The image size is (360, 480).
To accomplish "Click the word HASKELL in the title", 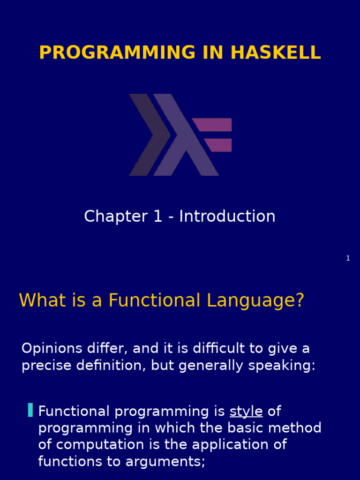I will [276, 52].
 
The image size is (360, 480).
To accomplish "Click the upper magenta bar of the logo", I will [213, 125].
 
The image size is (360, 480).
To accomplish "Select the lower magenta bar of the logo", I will [219, 145].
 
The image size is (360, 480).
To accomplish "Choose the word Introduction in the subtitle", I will [227, 217].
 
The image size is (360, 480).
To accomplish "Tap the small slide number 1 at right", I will [348, 258].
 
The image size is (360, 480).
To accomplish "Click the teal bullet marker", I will [30, 410].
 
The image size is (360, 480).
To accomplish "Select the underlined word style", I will [246, 412].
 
